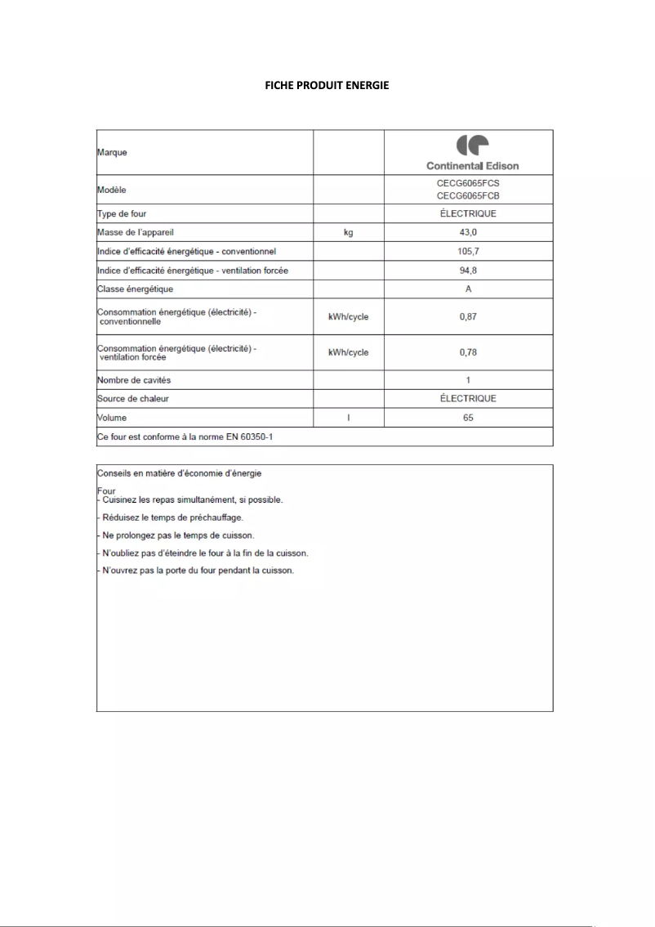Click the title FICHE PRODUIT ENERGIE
pyautogui.click(x=327, y=85)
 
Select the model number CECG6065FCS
pyautogui.click(x=468, y=184)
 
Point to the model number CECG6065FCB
pyautogui.click(x=468, y=196)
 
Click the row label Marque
pyautogui.click(x=113, y=152)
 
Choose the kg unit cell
pyautogui.click(x=349, y=232)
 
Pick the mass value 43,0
pyautogui.click(x=468, y=232)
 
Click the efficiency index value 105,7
pyautogui.click(x=468, y=251)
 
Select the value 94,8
pyautogui.click(x=468, y=270)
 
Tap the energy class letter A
pyautogui.click(x=468, y=289)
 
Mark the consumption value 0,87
pyautogui.click(x=468, y=316)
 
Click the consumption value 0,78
pyautogui.click(x=468, y=352)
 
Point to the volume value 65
pyautogui.click(x=468, y=418)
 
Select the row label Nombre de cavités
pyautogui.click(x=134, y=380)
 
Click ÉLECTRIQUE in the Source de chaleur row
pyautogui.click(x=468, y=399)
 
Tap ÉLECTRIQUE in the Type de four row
pyautogui.click(x=468, y=213)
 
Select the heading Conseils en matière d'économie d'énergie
pyautogui.click(x=179, y=473)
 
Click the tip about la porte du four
pyautogui.click(x=196, y=570)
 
